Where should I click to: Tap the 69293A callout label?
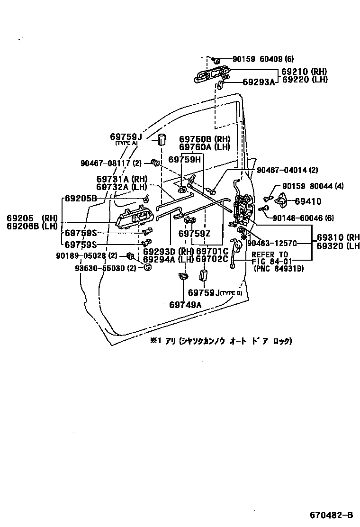click(x=258, y=82)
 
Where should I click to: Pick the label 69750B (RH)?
click(x=204, y=139)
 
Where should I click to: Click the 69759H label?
click(x=185, y=160)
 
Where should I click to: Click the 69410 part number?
click(x=308, y=201)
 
